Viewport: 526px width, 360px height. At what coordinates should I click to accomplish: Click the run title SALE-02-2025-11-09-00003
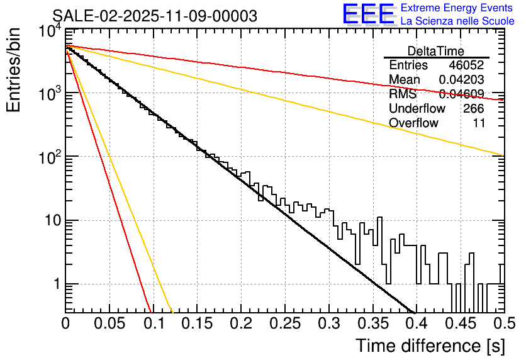coord(155,16)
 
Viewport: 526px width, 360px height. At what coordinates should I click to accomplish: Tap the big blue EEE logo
coord(368,14)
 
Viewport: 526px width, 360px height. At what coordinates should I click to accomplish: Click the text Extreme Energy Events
coord(457,8)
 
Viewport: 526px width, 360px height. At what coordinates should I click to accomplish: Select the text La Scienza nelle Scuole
coord(457,21)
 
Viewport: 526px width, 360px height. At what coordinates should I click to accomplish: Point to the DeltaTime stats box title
coord(436,51)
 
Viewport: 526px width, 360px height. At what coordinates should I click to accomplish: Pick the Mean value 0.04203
coord(461,80)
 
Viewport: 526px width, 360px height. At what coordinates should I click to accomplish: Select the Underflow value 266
coord(473,108)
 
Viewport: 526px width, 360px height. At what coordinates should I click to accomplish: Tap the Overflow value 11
coord(479,123)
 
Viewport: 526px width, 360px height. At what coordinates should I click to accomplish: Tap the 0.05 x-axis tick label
coord(109,324)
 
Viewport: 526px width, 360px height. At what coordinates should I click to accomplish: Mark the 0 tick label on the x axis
coord(65,324)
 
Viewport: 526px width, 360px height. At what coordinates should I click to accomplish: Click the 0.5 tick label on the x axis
coord(501,324)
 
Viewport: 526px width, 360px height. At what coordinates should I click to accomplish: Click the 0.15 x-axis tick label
coord(196,324)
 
